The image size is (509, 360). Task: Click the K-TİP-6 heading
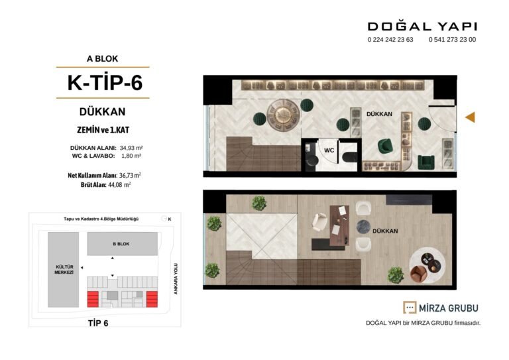point(105,83)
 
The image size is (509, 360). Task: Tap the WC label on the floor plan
point(329,150)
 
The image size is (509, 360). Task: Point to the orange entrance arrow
point(470,117)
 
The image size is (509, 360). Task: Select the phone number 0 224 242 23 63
point(390,40)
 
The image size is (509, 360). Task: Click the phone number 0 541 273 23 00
point(452,40)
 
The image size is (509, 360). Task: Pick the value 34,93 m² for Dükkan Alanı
point(131,148)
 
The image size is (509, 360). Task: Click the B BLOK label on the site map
point(121,244)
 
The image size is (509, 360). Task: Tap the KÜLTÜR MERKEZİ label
point(64,269)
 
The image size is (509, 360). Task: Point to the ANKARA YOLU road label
point(176,279)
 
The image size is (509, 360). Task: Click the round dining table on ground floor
point(283,115)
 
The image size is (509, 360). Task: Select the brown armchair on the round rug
point(419,274)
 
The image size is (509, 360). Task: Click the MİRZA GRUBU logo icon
point(410,308)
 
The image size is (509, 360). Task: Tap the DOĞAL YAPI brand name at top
point(422,27)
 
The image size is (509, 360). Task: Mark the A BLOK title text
point(102,59)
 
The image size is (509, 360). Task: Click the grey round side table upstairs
point(363,227)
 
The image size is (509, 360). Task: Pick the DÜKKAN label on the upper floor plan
point(385,231)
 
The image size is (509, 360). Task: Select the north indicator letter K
point(170,219)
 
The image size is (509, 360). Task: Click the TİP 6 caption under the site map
point(98,324)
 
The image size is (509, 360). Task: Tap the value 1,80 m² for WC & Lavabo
point(131,156)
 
